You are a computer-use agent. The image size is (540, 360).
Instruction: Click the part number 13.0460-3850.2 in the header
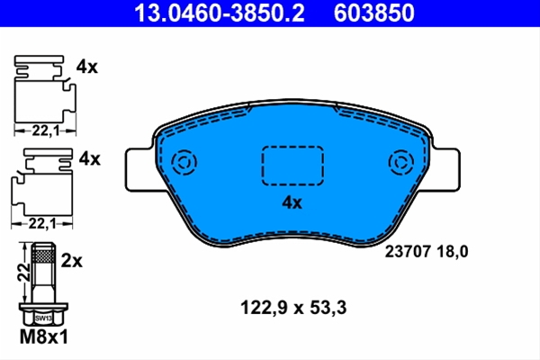(220, 13)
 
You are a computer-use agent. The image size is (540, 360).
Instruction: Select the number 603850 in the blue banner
(374, 13)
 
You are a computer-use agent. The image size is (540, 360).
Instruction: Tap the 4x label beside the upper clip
(87, 67)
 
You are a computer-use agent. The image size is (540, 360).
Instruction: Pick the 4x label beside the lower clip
(90, 158)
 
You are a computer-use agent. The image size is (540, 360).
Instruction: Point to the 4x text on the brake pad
(292, 202)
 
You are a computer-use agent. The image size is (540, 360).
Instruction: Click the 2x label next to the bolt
(72, 261)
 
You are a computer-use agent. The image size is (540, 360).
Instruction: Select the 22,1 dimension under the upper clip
(46, 130)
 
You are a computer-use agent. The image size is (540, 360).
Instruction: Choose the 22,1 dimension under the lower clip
(42, 224)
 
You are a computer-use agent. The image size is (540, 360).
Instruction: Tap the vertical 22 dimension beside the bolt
(24, 272)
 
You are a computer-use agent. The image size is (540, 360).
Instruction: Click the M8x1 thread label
(44, 337)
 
